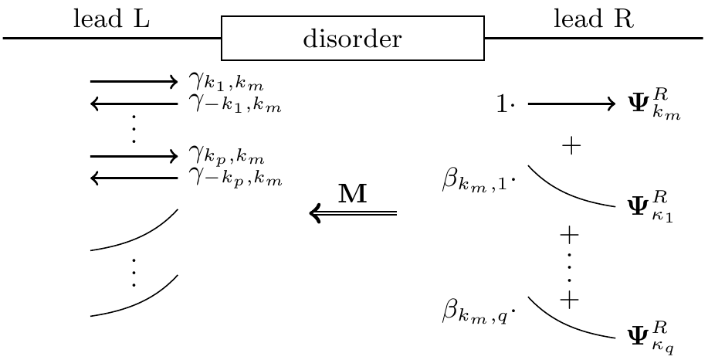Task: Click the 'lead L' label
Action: (x=110, y=19)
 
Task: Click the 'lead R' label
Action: (x=594, y=19)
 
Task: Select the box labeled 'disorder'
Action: (x=353, y=38)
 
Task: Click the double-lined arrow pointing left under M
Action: (x=353, y=212)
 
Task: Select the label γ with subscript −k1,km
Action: (x=235, y=104)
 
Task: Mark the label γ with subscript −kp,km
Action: (x=235, y=179)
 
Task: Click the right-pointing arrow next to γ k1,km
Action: (x=134, y=80)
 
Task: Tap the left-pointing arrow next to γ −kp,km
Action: (x=134, y=178)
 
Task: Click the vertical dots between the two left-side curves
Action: (x=134, y=272)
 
